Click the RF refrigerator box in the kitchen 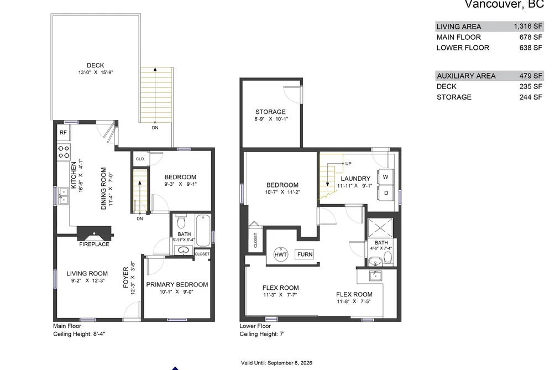click(x=63, y=133)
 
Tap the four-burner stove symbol click(x=64, y=152)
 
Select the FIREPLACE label click(x=95, y=244)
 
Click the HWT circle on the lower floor click(x=281, y=254)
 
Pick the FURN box click(x=305, y=254)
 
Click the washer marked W click(x=385, y=177)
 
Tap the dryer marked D click(x=386, y=193)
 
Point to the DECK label click(x=95, y=65)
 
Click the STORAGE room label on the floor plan click(x=270, y=112)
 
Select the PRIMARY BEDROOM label click(x=177, y=285)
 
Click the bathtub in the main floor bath click(x=203, y=231)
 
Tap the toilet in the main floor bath click(x=181, y=221)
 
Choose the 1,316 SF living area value click(x=528, y=26)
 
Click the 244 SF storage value click(x=531, y=97)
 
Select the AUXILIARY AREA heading click(x=466, y=76)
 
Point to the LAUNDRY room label click(x=355, y=179)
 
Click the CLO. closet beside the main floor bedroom click(x=140, y=159)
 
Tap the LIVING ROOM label click(x=87, y=274)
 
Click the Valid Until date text click(x=276, y=363)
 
